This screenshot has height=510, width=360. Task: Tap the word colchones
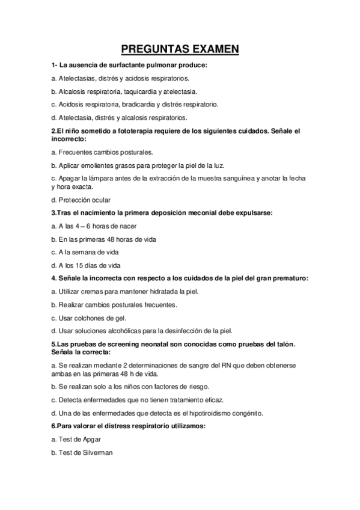[91, 318]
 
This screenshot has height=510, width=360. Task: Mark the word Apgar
[87, 439]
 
